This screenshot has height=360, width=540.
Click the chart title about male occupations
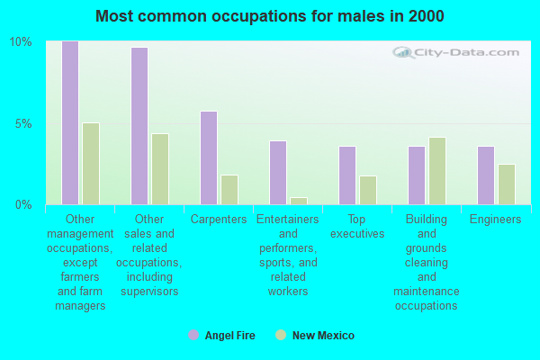click(270, 16)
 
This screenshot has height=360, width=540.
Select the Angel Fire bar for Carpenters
click(209, 158)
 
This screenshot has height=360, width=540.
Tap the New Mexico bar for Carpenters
click(229, 190)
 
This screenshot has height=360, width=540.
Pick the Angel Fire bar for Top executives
click(347, 175)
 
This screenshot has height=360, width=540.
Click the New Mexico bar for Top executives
click(368, 190)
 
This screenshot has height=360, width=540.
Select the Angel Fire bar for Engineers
click(486, 175)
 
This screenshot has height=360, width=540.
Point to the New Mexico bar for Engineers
click(507, 184)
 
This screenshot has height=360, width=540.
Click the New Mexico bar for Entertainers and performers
click(299, 201)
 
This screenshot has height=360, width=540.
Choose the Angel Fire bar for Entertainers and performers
click(278, 173)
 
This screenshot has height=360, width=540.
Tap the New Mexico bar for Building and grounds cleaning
click(437, 171)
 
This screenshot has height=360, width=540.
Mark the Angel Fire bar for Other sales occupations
click(139, 126)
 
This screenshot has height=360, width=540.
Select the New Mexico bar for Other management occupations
click(91, 164)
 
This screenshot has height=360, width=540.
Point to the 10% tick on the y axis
click(21, 42)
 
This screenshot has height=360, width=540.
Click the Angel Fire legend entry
click(222, 336)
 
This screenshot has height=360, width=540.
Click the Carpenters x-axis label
click(219, 220)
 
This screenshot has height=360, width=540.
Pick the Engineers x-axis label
click(496, 220)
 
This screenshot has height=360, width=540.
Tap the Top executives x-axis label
click(357, 227)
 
